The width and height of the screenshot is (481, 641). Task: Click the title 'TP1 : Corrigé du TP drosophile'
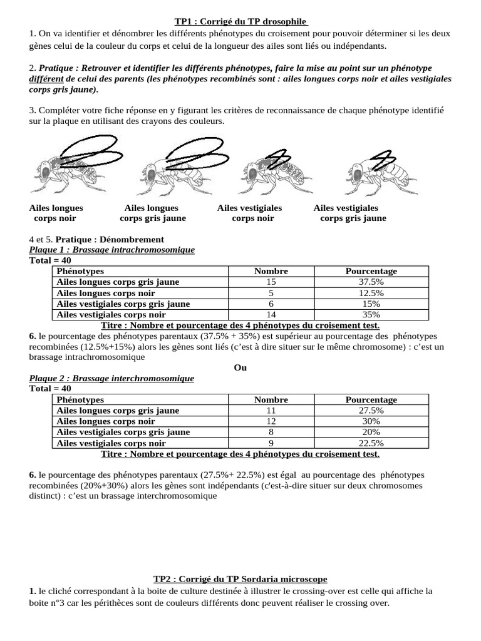(240, 21)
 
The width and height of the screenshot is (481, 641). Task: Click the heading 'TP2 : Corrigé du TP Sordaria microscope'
(240, 580)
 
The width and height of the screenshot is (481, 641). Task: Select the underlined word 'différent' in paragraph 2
(46, 79)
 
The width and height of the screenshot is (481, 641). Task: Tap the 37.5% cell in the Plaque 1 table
(371, 282)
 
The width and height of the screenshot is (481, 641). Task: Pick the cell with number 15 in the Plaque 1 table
(271, 282)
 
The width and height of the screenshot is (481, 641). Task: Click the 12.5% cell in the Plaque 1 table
(371, 293)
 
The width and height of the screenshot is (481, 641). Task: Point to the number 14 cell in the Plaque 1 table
(271, 315)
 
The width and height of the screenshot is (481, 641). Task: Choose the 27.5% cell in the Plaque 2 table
(371, 411)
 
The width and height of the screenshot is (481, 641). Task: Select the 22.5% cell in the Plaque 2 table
(371, 443)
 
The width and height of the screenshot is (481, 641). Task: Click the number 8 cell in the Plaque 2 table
(271, 432)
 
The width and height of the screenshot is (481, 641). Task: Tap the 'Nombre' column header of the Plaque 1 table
(271, 271)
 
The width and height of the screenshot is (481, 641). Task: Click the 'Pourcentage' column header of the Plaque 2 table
(371, 399)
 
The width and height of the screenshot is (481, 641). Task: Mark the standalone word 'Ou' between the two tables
(240, 367)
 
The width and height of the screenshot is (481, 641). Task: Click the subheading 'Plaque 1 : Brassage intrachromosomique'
(112, 250)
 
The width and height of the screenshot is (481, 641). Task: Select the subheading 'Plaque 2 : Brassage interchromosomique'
(111, 378)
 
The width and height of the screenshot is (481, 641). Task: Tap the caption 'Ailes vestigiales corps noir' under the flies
(250, 213)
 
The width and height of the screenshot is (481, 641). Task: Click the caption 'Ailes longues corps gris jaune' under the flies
(152, 213)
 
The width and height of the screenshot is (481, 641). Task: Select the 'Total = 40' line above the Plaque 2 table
(51, 389)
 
